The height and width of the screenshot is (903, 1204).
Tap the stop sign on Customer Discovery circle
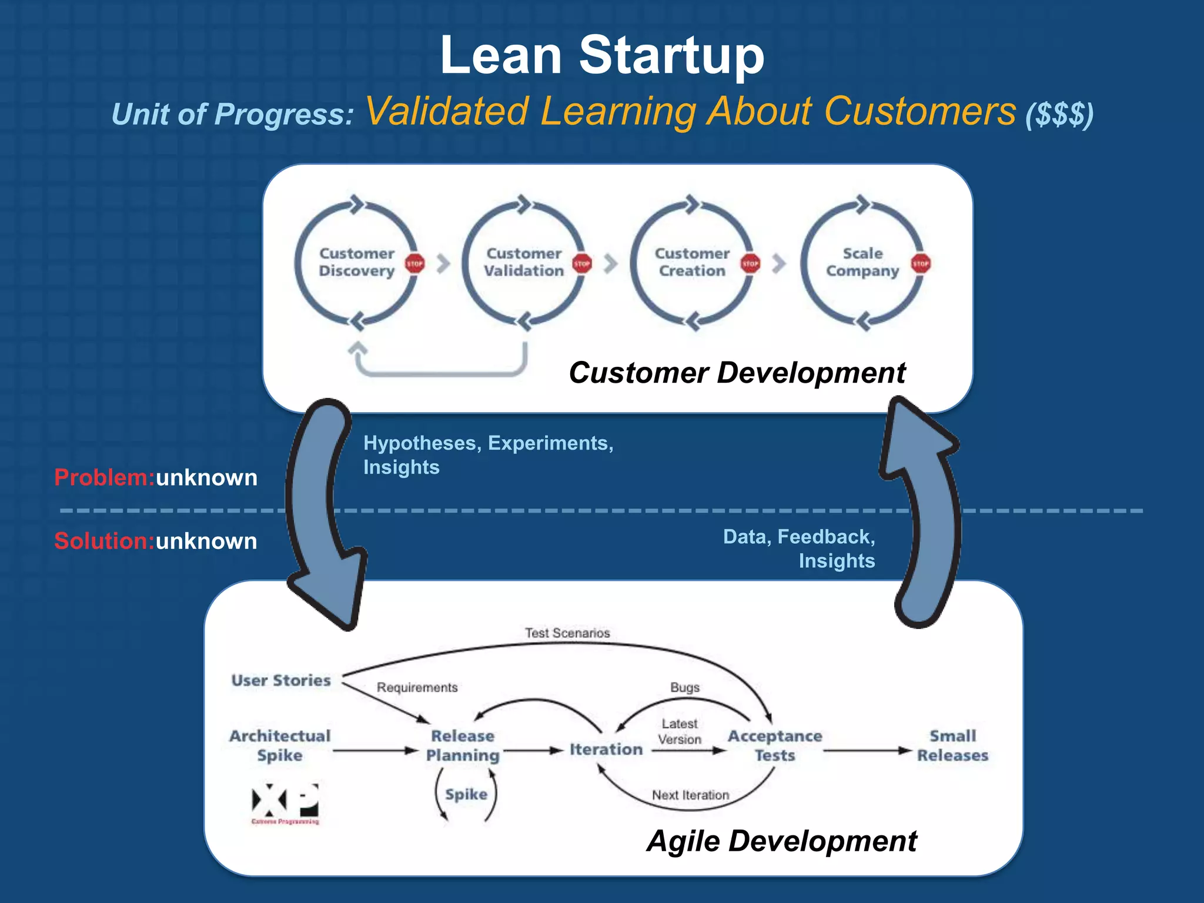click(x=414, y=263)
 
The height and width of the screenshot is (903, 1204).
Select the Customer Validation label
click(x=524, y=262)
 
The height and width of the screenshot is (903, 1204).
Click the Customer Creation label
click(x=692, y=262)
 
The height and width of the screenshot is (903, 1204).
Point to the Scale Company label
click(x=862, y=262)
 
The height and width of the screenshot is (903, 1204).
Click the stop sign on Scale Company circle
click(x=921, y=263)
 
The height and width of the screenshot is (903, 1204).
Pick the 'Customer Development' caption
click(x=737, y=373)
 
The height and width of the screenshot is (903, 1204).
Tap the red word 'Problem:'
click(x=104, y=477)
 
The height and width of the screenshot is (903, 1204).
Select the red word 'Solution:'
click(x=104, y=541)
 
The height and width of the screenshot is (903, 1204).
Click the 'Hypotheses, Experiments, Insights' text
click(x=488, y=454)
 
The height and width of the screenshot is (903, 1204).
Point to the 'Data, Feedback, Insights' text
click(x=800, y=548)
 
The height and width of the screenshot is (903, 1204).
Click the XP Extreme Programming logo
click(x=285, y=803)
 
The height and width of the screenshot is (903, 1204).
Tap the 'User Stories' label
click(x=281, y=680)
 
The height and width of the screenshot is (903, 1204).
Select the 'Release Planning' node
click(x=463, y=745)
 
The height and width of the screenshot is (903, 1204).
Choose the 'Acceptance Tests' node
click(x=775, y=745)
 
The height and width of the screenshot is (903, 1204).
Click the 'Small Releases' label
click(x=952, y=745)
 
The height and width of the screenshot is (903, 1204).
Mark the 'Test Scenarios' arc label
click(x=567, y=633)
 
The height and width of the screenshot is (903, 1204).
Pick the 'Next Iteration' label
click(x=690, y=795)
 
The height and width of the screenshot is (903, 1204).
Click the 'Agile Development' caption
click(x=781, y=841)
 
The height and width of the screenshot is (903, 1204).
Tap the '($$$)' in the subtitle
click(x=1059, y=114)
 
